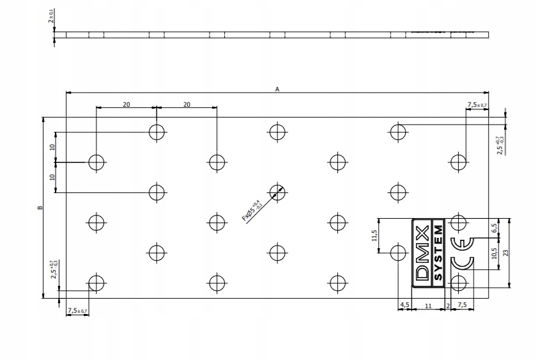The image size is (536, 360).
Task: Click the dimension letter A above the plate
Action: (x=277, y=90)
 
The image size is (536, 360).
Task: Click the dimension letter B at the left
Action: (x=40, y=207)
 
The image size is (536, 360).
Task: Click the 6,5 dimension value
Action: (x=494, y=228)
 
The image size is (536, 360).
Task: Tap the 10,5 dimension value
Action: (x=494, y=254)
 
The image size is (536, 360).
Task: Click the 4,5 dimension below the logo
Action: (x=404, y=306)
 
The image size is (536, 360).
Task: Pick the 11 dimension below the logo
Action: (x=428, y=306)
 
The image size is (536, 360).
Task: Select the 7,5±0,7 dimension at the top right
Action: (x=477, y=104)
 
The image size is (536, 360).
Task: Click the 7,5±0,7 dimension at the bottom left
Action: (x=78, y=311)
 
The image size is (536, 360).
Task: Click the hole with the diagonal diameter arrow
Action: (x=277, y=192)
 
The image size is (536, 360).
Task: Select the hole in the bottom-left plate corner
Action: (x=96, y=283)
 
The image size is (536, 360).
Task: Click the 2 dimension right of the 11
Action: (x=448, y=306)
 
